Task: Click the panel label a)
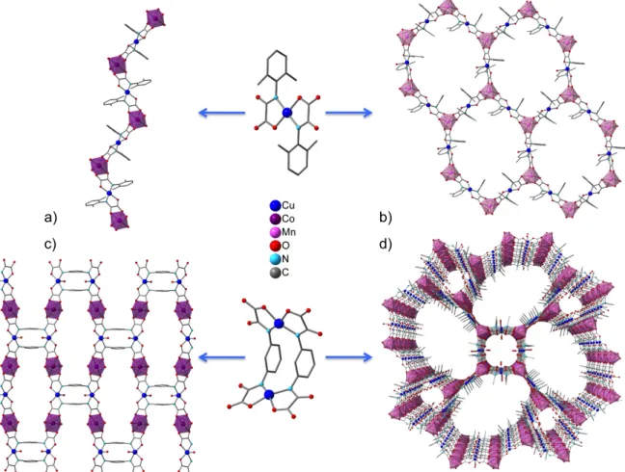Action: click(x=50, y=218)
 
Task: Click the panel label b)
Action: click(x=386, y=218)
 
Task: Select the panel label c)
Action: click(x=50, y=244)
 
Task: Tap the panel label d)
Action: click(x=386, y=244)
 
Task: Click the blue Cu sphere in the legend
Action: click(x=275, y=206)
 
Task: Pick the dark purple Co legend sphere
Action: click(x=275, y=220)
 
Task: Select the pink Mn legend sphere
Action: click(x=275, y=232)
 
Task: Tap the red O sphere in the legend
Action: click(x=275, y=246)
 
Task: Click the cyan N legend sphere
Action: click(x=275, y=259)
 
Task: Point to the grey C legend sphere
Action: click(x=275, y=273)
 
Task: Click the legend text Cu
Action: click(x=288, y=206)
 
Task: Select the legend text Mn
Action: click(x=289, y=232)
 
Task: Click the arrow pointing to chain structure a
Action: click(x=222, y=113)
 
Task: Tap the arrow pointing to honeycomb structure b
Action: click(x=349, y=113)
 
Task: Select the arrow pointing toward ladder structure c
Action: click(x=222, y=357)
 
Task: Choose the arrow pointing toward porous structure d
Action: click(x=349, y=357)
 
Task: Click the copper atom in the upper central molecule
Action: click(x=287, y=114)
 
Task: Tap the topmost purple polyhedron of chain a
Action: click(x=155, y=18)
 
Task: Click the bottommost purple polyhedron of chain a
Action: click(x=120, y=221)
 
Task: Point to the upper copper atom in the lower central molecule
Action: click(x=279, y=323)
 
